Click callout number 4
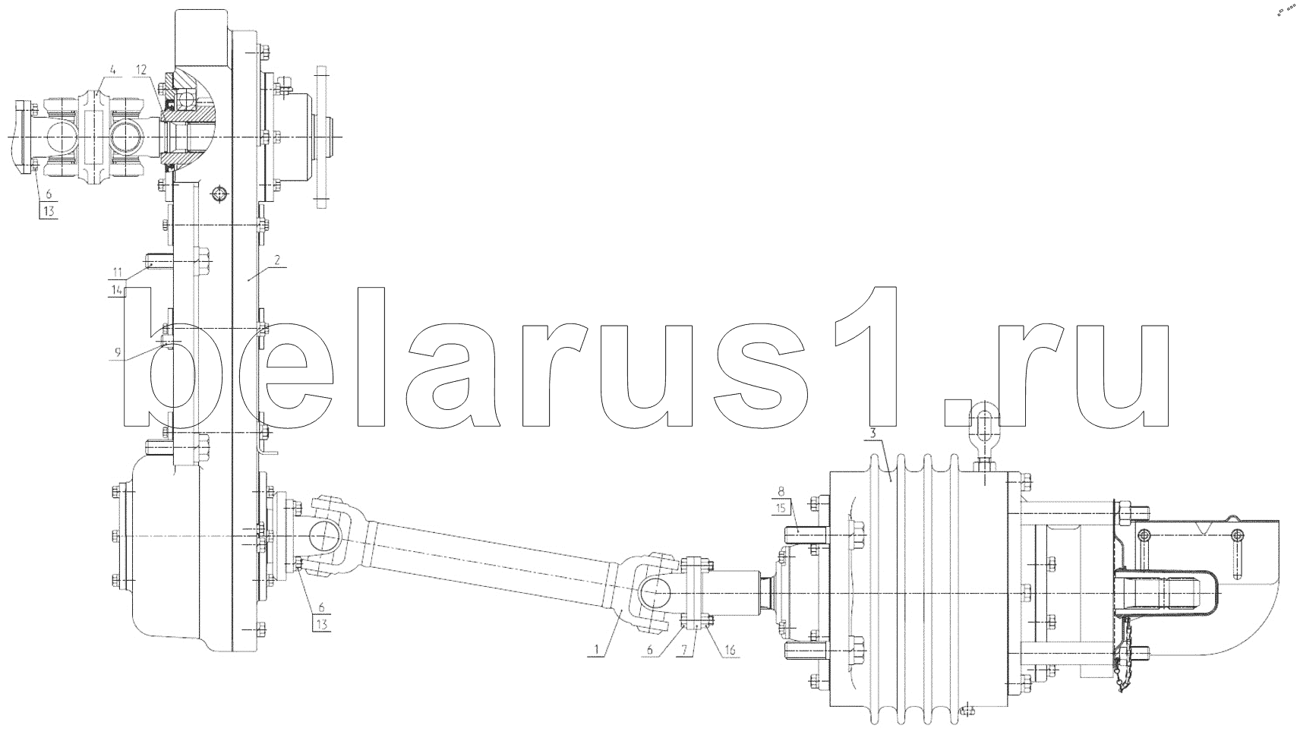113,70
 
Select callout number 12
142,70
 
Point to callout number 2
277,260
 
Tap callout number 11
118,272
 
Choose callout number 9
118,352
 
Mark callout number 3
874,434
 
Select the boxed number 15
781,508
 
